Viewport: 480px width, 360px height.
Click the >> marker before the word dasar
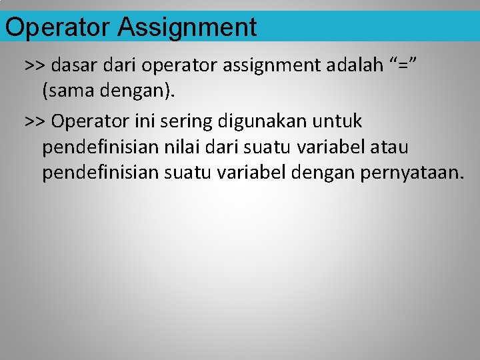click(x=35, y=65)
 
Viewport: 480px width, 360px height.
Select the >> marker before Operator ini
click(x=35, y=121)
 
